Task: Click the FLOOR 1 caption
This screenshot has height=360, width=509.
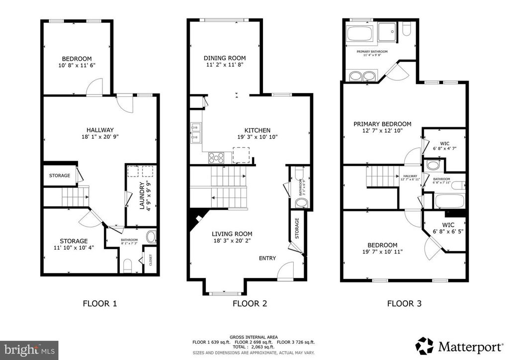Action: (x=100, y=303)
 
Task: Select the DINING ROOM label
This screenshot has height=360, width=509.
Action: (x=225, y=58)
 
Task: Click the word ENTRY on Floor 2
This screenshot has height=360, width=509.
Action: (x=267, y=258)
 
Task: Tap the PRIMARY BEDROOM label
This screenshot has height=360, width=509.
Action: (x=382, y=124)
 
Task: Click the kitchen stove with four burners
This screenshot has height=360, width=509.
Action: (x=216, y=157)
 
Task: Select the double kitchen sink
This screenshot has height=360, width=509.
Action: (x=195, y=131)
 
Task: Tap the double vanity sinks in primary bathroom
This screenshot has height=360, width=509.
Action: (x=362, y=76)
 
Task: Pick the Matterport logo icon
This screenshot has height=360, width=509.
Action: (x=424, y=345)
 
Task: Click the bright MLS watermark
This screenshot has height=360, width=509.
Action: (x=29, y=348)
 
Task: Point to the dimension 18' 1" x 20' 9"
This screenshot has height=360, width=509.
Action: (x=100, y=137)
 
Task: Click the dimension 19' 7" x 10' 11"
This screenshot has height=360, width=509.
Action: (x=382, y=252)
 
